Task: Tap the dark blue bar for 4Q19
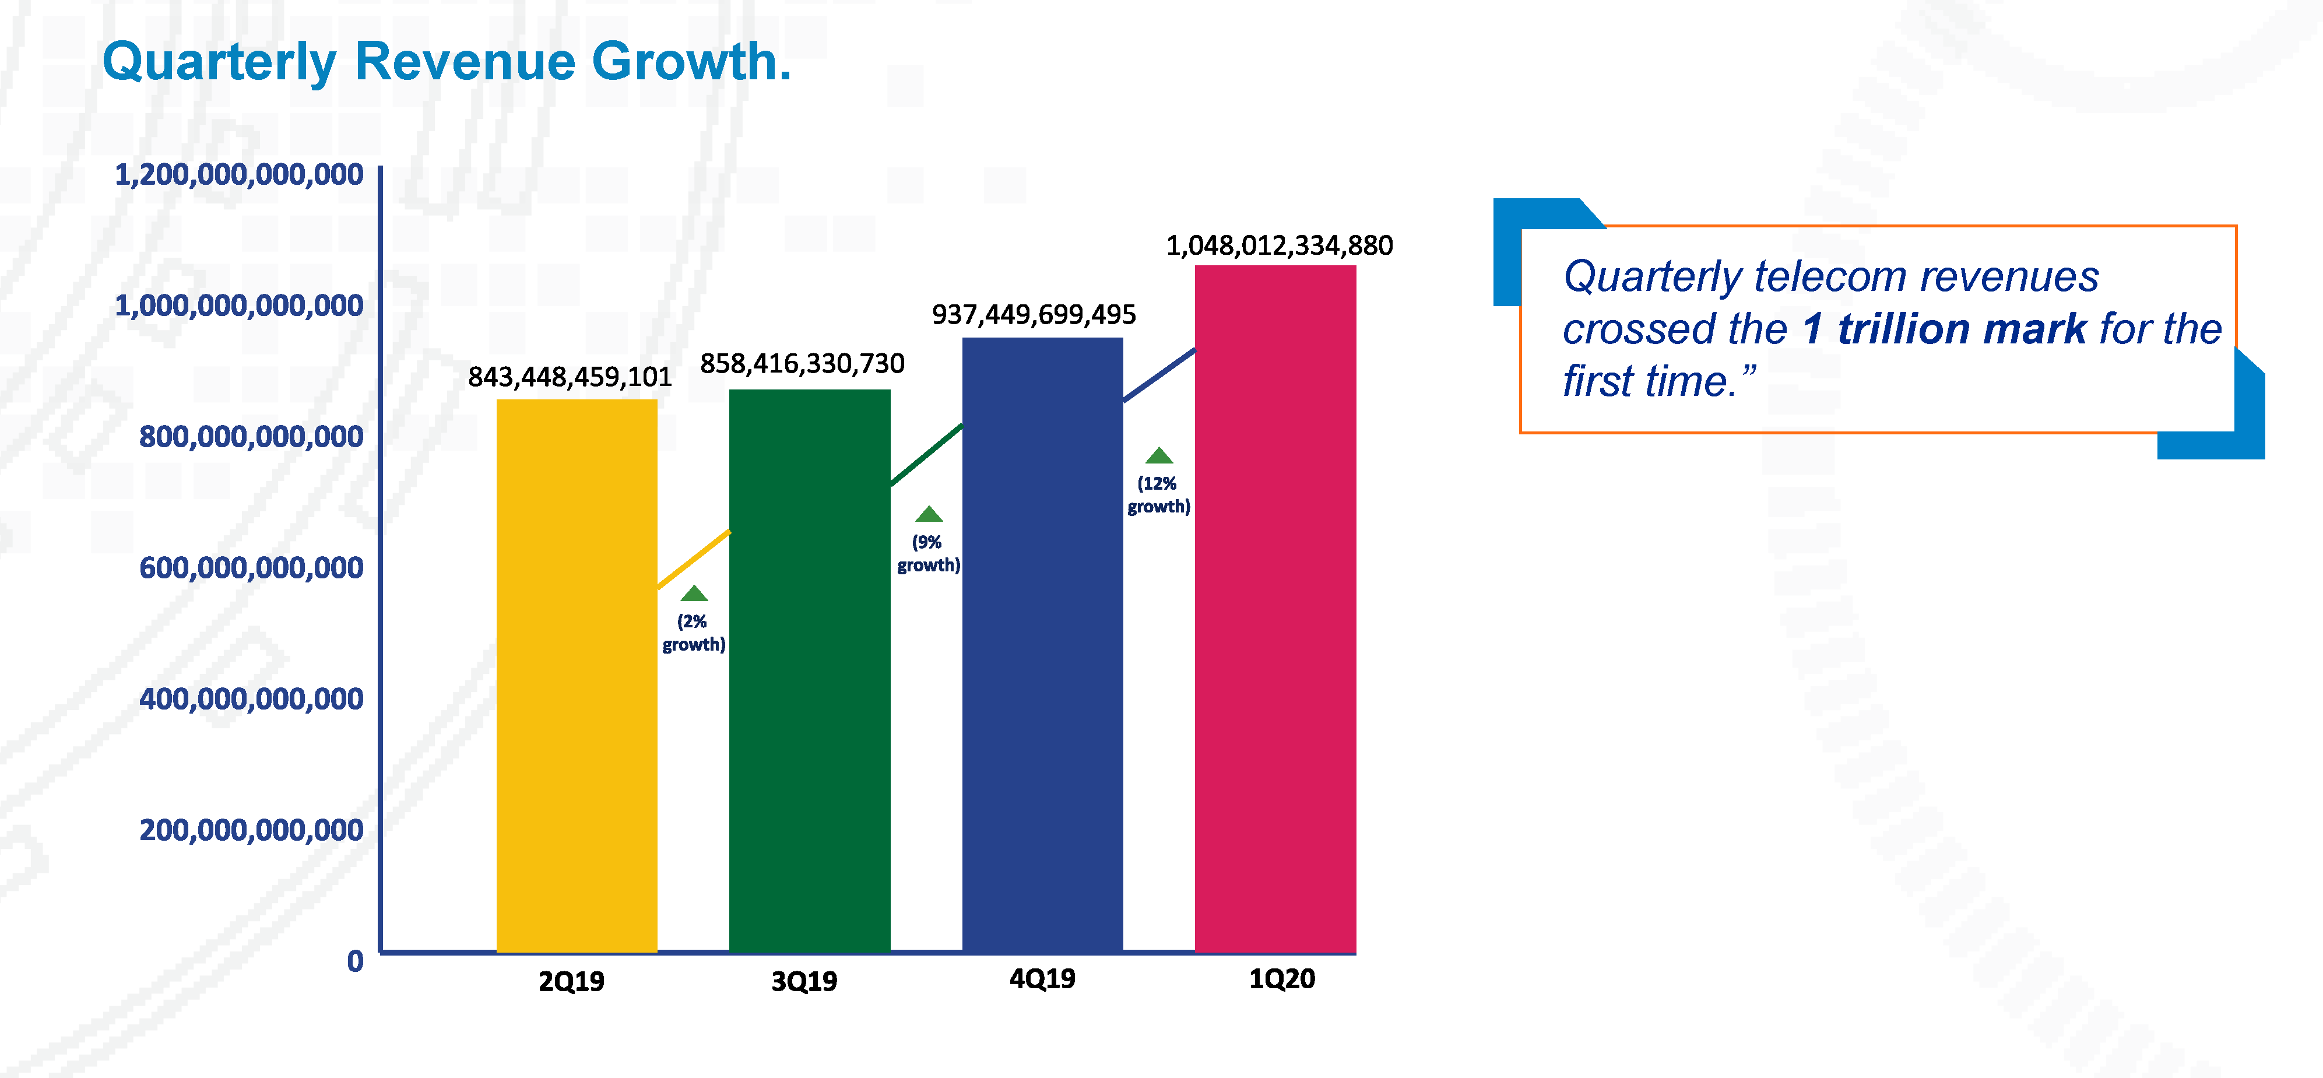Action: tap(1042, 644)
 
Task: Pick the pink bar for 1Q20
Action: tap(1275, 608)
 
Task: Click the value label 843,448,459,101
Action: tap(570, 377)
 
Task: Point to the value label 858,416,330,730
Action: tap(802, 364)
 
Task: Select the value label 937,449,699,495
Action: tap(1034, 315)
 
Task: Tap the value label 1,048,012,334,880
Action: tap(1279, 245)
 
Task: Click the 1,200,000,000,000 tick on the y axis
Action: tap(239, 174)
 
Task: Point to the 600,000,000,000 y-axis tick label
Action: tap(251, 567)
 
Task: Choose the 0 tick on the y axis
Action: tap(356, 961)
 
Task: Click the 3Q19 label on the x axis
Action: tap(803, 981)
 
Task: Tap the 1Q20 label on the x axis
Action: tap(1281, 979)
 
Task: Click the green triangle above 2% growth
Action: tap(694, 594)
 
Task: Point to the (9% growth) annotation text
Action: tap(928, 553)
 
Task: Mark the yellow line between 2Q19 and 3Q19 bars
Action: tap(693, 559)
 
